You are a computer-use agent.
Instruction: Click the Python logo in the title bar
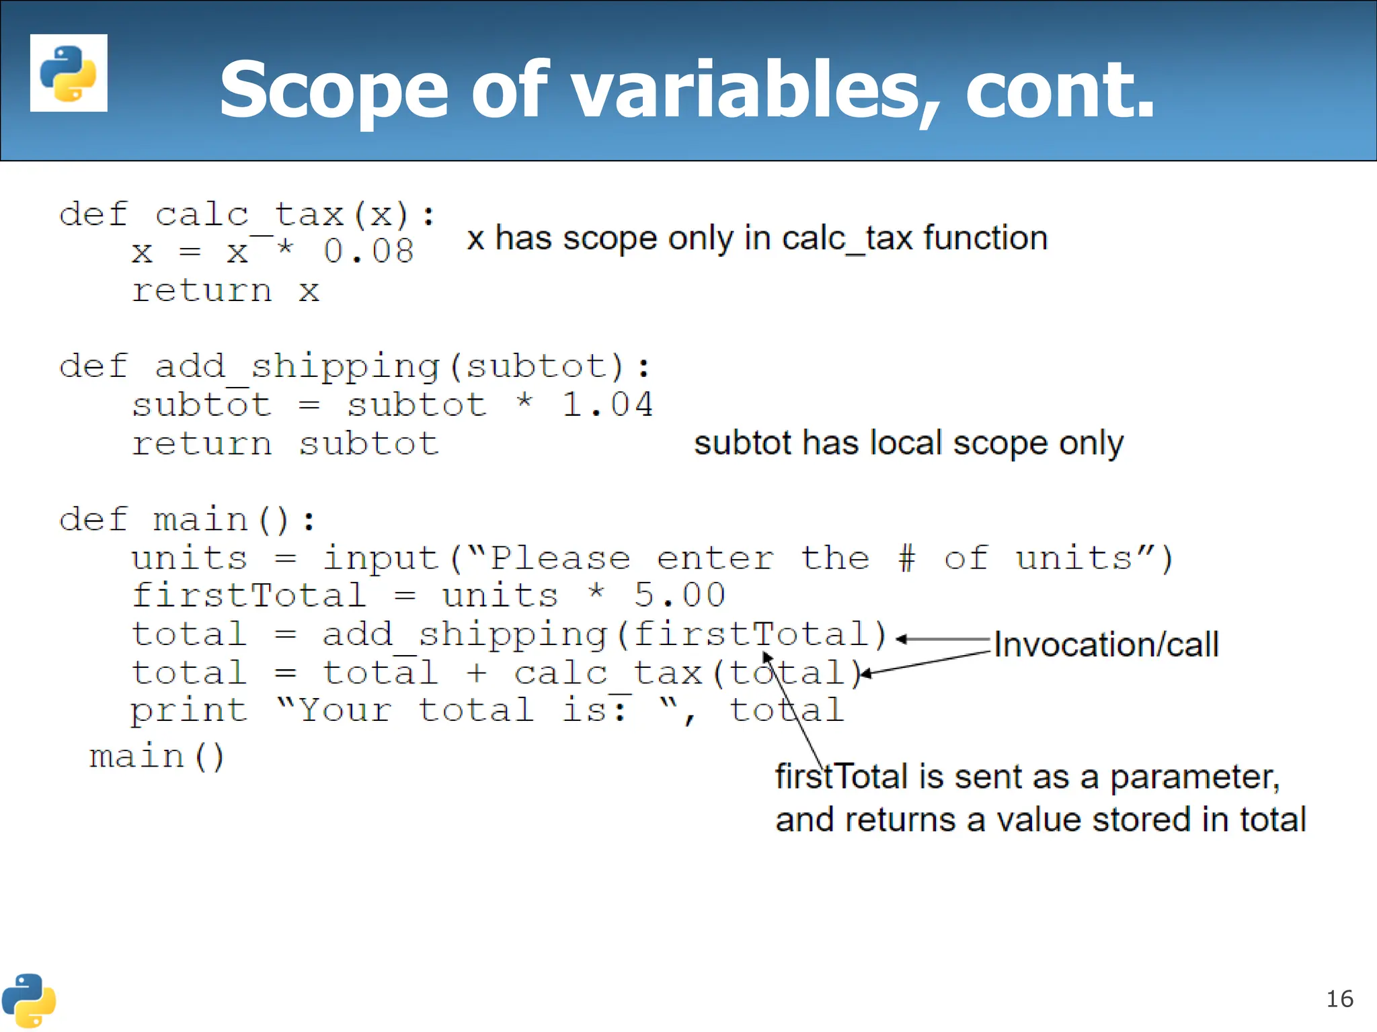[69, 73]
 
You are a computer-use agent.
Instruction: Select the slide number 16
[1339, 999]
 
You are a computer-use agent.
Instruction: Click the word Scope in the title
[333, 90]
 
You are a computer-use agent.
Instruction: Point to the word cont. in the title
[1060, 90]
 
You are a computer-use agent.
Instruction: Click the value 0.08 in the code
[368, 252]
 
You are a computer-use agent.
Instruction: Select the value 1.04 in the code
[606, 405]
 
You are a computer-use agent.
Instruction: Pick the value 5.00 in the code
[679, 595]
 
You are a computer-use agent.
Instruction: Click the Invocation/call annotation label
[1106, 644]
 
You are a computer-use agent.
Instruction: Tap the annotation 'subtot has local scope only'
[908, 443]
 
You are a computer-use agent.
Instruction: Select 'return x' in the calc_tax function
[225, 291]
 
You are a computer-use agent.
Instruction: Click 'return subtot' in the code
[285, 443]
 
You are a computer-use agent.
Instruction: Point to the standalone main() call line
[157, 757]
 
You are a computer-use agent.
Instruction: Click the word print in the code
[189, 711]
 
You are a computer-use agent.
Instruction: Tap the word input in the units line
[381, 558]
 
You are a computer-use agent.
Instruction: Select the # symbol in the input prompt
[907, 558]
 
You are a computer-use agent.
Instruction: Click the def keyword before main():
[93, 520]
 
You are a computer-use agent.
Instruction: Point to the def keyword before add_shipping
[93, 367]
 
